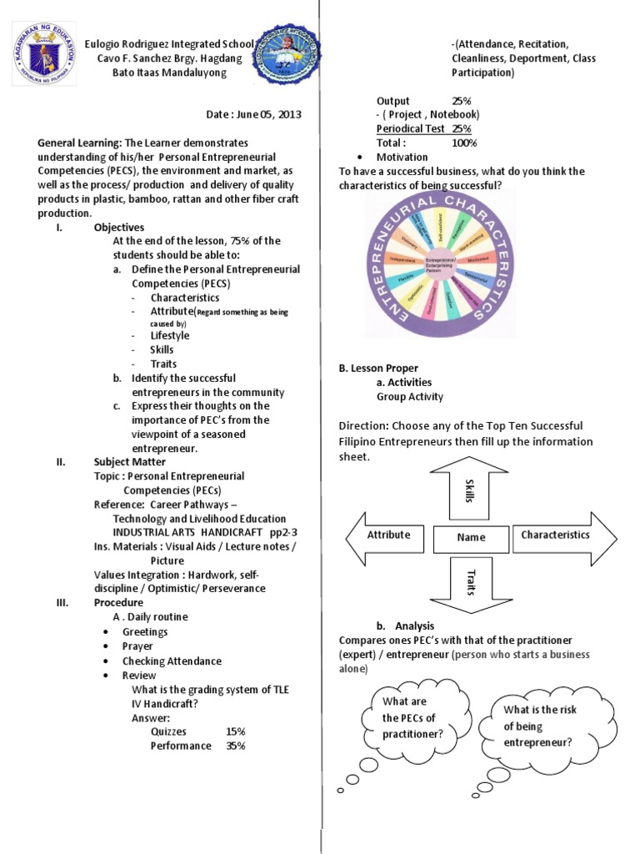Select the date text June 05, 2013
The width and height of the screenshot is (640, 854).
pyautogui.click(x=266, y=114)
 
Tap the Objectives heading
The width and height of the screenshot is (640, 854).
pyautogui.click(x=119, y=227)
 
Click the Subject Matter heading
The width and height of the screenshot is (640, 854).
pyautogui.click(x=129, y=461)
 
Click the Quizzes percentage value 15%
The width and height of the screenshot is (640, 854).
pyautogui.click(x=235, y=731)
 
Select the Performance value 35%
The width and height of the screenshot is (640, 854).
pyautogui.click(x=235, y=746)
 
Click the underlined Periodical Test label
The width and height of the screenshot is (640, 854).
pyautogui.click(x=412, y=128)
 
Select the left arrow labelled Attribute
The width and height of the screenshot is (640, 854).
pyautogui.click(x=386, y=535)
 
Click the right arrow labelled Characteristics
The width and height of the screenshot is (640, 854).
pyautogui.click(x=560, y=535)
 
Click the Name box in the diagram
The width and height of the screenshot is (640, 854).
pyautogui.click(x=470, y=538)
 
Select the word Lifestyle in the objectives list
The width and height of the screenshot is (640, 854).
pyautogui.click(x=169, y=335)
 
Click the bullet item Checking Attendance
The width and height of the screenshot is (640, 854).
pyautogui.click(x=172, y=661)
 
